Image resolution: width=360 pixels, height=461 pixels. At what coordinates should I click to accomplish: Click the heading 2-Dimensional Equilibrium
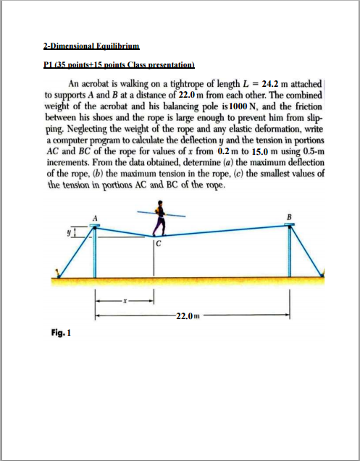tap(85, 46)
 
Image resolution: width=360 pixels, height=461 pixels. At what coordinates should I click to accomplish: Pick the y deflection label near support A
tap(70, 233)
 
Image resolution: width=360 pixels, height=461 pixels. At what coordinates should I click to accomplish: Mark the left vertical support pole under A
tap(94, 253)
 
